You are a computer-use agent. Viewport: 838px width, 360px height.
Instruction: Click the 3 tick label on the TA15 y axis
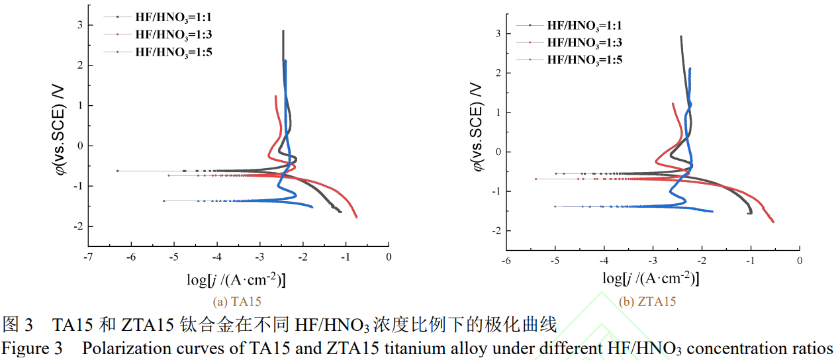click(80, 25)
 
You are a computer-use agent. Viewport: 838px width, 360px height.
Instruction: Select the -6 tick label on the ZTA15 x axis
click(506, 261)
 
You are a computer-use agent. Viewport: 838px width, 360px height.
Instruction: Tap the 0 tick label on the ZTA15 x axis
click(800, 261)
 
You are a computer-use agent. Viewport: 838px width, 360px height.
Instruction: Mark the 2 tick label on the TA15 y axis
click(80, 66)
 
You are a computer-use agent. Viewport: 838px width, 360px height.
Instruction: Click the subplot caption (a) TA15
click(237, 302)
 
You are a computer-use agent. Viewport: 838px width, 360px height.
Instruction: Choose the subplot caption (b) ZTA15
click(648, 302)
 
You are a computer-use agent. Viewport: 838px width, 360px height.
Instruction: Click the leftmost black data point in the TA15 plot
click(117, 171)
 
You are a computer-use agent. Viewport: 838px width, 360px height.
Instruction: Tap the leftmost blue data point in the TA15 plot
click(163, 201)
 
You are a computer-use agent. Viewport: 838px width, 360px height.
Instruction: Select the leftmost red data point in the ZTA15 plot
click(535, 179)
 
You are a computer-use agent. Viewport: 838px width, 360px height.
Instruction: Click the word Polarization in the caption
click(121, 349)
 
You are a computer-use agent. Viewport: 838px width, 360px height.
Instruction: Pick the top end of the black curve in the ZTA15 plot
click(680, 37)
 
